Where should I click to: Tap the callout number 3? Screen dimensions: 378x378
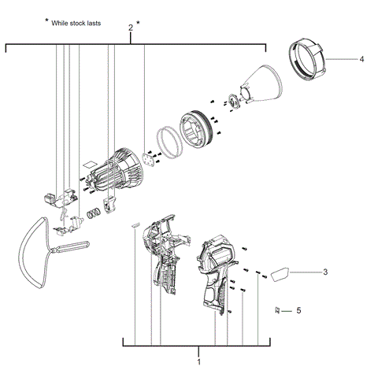coord(324,272)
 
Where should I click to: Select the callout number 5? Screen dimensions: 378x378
coord(298,311)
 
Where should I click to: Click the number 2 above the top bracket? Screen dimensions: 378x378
coord(130,28)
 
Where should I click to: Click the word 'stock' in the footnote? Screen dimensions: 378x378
coord(86,24)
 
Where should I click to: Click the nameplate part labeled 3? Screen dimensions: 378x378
coord(280,274)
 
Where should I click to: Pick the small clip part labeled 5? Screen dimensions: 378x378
coord(278,311)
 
